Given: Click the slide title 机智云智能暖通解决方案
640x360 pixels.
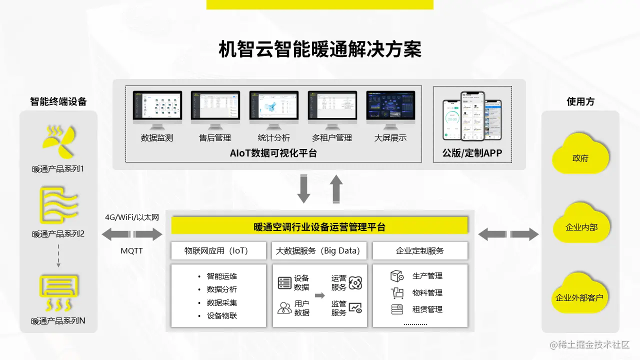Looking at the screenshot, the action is [x=320, y=49].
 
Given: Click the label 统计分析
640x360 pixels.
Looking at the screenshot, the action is [x=273, y=138].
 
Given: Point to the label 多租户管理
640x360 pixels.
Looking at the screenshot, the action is [x=332, y=138].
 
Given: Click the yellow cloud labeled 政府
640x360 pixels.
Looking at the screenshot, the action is [x=580, y=156].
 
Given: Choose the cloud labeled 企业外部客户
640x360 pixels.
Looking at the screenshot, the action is [x=579, y=296].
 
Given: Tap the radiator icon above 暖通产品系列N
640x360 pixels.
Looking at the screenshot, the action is [x=58, y=292].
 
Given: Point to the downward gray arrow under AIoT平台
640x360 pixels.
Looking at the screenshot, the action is [x=303, y=189].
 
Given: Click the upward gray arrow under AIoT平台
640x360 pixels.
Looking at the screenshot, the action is [x=336, y=188].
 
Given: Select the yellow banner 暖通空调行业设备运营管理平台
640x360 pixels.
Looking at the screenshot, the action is [x=319, y=226].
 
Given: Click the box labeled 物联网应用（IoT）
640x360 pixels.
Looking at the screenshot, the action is [x=218, y=250].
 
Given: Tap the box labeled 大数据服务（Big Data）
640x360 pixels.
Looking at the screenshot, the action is [x=319, y=250].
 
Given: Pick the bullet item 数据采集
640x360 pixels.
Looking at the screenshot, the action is [x=222, y=302].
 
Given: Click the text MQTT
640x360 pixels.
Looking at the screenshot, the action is [x=131, y=250].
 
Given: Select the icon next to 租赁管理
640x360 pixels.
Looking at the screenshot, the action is [x=397, y=309].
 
